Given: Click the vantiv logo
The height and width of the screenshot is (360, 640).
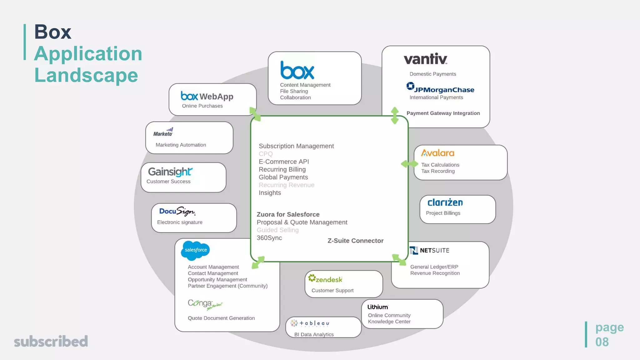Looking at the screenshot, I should point(425,59).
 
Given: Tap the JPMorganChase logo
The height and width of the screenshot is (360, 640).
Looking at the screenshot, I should point(440,88).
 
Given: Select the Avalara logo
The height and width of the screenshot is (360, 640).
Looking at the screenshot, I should point(437,153).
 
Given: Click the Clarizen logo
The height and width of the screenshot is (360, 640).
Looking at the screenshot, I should point(445,202).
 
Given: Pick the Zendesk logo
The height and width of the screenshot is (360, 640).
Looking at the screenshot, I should point(325,279).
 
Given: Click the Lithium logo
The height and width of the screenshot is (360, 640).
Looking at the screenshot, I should point(377,307).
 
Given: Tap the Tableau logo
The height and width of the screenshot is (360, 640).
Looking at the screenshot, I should point(310,323).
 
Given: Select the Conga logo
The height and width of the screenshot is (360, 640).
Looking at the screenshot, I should point(205,304).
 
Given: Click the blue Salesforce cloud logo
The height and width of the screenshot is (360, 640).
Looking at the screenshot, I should point(195,250).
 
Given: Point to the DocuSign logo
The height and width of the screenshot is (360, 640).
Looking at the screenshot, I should point(177,212).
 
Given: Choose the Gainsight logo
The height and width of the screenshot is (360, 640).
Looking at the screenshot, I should point(170,172).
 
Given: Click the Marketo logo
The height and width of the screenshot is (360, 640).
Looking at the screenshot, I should point(163,132).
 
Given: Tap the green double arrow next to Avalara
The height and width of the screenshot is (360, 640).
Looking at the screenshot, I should point(409,164).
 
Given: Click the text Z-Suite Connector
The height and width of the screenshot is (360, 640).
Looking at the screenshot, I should point(355,241).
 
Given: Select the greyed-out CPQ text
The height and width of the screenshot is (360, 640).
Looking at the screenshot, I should point(266,154).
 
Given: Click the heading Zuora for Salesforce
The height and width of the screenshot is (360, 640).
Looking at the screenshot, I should point(288,214).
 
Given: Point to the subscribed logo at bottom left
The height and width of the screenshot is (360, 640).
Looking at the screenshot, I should point(51,341).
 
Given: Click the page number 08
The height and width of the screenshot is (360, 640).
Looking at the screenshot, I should point(602,342).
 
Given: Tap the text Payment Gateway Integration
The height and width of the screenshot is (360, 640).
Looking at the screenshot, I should point(443,113).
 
